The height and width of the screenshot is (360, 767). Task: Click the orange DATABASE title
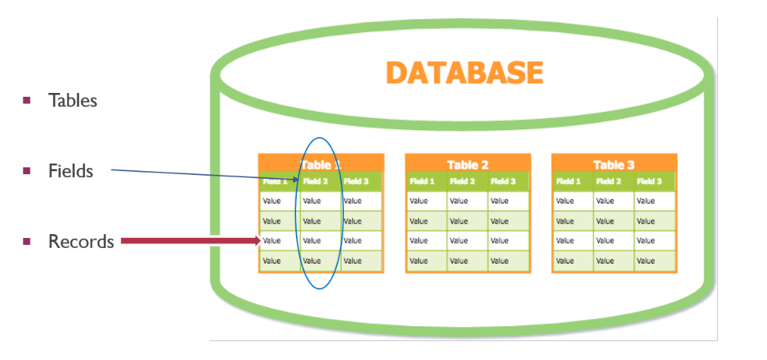[465, 72]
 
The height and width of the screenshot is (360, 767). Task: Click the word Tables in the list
[72, 101]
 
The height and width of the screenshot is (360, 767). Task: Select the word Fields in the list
[70, 171]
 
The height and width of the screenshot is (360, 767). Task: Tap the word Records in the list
[81, 242]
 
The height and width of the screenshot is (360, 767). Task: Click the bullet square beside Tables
[27, 100]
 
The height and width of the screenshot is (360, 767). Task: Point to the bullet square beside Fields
[27, 170]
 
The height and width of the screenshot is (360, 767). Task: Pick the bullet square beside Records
[27, 241]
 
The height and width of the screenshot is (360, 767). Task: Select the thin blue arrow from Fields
[205, 175]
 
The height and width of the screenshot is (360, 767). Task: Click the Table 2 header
[468, 165]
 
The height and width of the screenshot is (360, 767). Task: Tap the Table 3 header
[613, 165]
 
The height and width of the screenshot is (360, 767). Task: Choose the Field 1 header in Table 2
[422, 182]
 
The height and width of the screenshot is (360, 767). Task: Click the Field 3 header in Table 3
[649, 182]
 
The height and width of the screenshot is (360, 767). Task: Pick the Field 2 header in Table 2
[462, 182]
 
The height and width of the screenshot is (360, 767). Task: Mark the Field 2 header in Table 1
[315, 182]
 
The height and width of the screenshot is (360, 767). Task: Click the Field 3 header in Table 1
[356, 182]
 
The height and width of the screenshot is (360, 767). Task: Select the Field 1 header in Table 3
[568, 182]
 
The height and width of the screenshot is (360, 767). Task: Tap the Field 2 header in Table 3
[609, 182]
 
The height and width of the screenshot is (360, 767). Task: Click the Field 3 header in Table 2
[502, 182]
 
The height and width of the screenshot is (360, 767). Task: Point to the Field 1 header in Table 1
[275, 182]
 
